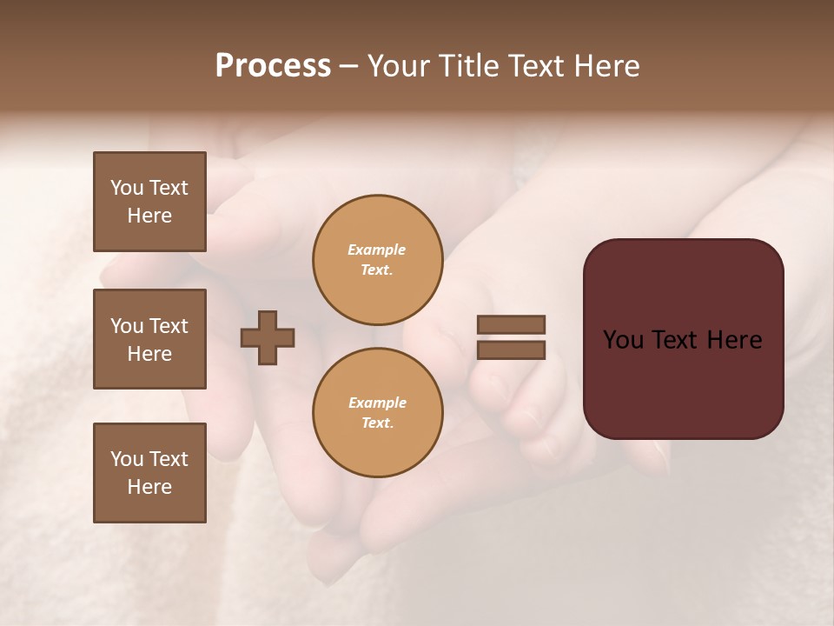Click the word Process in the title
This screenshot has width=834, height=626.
[x=273, y=66]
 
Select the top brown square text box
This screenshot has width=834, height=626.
[x=149, y=202]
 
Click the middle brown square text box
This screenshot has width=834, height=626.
[x=149, y=339]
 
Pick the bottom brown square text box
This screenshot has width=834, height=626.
[x=149, y=473]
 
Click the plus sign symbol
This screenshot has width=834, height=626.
[x=268, y=337]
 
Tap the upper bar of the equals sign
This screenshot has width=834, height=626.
[x=511, y=324]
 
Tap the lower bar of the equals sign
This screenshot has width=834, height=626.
[x=511, y=350]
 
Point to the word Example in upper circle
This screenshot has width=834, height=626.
[x=377, y=250]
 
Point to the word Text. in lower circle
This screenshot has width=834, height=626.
[x=377, y=423]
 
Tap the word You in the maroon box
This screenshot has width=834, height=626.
[x=624, y=340]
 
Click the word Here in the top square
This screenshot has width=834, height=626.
[x=149, y=216]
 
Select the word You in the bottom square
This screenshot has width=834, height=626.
[x=127, y=459]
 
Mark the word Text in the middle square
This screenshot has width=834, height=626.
[x=168, y=326]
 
